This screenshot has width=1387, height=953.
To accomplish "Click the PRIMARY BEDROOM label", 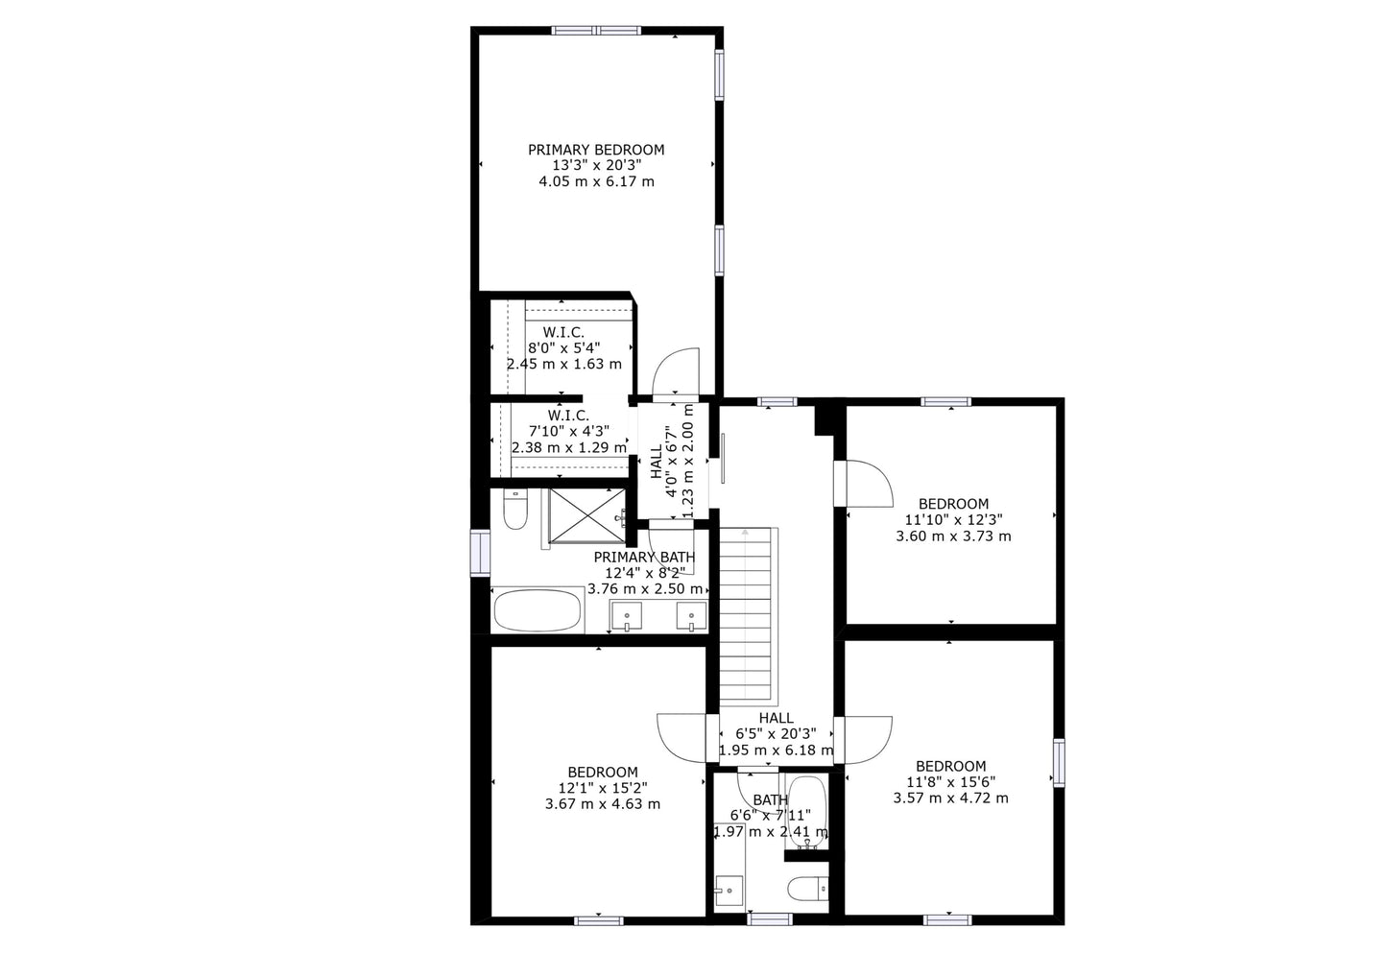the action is point(596,150).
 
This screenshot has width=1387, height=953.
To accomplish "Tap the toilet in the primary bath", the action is point(514,510).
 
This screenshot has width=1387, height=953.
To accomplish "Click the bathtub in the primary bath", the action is point(538,610).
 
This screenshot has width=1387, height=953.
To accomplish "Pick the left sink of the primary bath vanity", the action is point(627,616).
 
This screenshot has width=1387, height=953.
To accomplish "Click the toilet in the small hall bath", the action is point(808,890).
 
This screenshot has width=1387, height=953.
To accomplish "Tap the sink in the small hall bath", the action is point(729,891).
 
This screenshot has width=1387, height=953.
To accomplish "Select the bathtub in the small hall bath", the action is point(807,813).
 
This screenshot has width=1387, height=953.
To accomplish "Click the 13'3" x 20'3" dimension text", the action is point(596,165).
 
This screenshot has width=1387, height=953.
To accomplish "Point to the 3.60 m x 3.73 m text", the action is point(953,536).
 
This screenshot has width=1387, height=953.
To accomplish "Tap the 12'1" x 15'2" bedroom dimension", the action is point(603,788).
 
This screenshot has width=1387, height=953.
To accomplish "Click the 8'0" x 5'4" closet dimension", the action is point(563,348).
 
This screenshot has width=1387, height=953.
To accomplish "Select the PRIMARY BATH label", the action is point(645,558).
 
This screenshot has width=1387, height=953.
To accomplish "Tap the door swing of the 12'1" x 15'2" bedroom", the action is point(682,739).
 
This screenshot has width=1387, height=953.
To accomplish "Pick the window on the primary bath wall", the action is point(481,553).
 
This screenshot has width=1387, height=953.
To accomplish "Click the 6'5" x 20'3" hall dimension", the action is point(776,734).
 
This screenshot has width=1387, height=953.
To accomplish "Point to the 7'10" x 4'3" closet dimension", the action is point(568,431).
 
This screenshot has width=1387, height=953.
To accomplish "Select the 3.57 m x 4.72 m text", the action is point(950,798).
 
